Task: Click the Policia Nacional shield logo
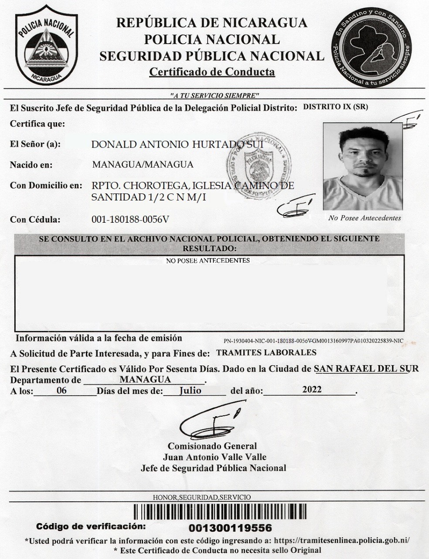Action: (x=46, y=47)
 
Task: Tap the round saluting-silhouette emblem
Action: (x=371, y=48)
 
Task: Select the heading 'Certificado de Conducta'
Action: (x=212, y=72)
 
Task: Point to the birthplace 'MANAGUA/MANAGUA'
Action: (x=143, y=165)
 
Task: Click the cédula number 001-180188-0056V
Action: (x=130, y=219)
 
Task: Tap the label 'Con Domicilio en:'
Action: (x=46, y=185)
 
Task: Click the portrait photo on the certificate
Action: (x=362, y=166)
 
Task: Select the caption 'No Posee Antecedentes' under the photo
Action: (x=364, y=218)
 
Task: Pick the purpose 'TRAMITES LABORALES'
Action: (x=266, y=352)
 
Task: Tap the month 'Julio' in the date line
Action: (x=191, y=390)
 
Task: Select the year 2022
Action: (x=312, y=390)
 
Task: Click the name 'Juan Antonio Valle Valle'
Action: (x=214, y=457)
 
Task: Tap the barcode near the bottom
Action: (x=220, y=512)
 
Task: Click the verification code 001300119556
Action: (x=231, y=528)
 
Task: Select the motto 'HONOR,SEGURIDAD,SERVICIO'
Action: (x=202, y=497)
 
